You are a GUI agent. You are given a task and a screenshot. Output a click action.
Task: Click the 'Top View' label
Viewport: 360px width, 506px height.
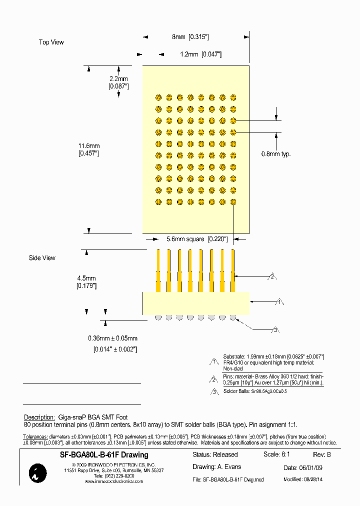(51, 42)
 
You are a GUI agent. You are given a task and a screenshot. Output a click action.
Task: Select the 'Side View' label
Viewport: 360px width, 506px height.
(42, 258)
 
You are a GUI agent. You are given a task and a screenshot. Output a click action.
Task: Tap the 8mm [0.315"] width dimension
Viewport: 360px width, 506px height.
(190, 37)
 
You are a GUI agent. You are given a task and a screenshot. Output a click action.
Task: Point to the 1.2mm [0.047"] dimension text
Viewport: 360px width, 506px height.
(200, 54)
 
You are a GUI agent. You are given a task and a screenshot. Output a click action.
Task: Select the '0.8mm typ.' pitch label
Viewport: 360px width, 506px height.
(275, 154)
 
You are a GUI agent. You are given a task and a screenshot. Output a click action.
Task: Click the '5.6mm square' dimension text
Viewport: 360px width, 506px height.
(192, 239)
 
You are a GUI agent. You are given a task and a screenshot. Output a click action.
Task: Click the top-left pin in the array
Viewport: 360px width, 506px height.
(158, 97)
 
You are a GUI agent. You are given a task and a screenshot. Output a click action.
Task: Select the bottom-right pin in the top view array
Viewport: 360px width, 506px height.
(233, 202)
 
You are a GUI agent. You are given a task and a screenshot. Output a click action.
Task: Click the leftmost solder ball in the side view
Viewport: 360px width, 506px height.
(158, 317)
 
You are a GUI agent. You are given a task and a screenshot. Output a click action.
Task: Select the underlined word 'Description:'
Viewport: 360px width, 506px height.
(39, 417)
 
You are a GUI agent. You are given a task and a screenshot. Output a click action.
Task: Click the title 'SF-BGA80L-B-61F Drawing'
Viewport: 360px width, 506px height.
(104, 455)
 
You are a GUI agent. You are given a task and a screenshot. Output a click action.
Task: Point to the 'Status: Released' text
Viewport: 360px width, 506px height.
(215, 455)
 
